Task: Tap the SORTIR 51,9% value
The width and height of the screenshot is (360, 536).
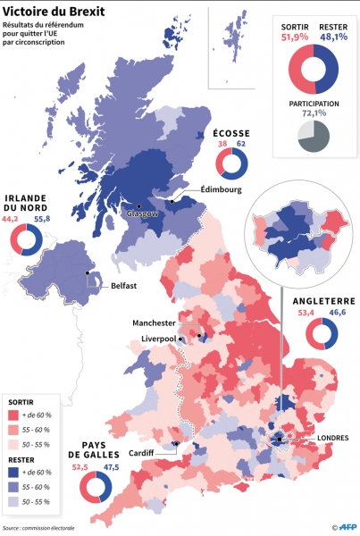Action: pos(294,38)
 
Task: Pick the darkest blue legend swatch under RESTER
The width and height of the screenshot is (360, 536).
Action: pos(13,472)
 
